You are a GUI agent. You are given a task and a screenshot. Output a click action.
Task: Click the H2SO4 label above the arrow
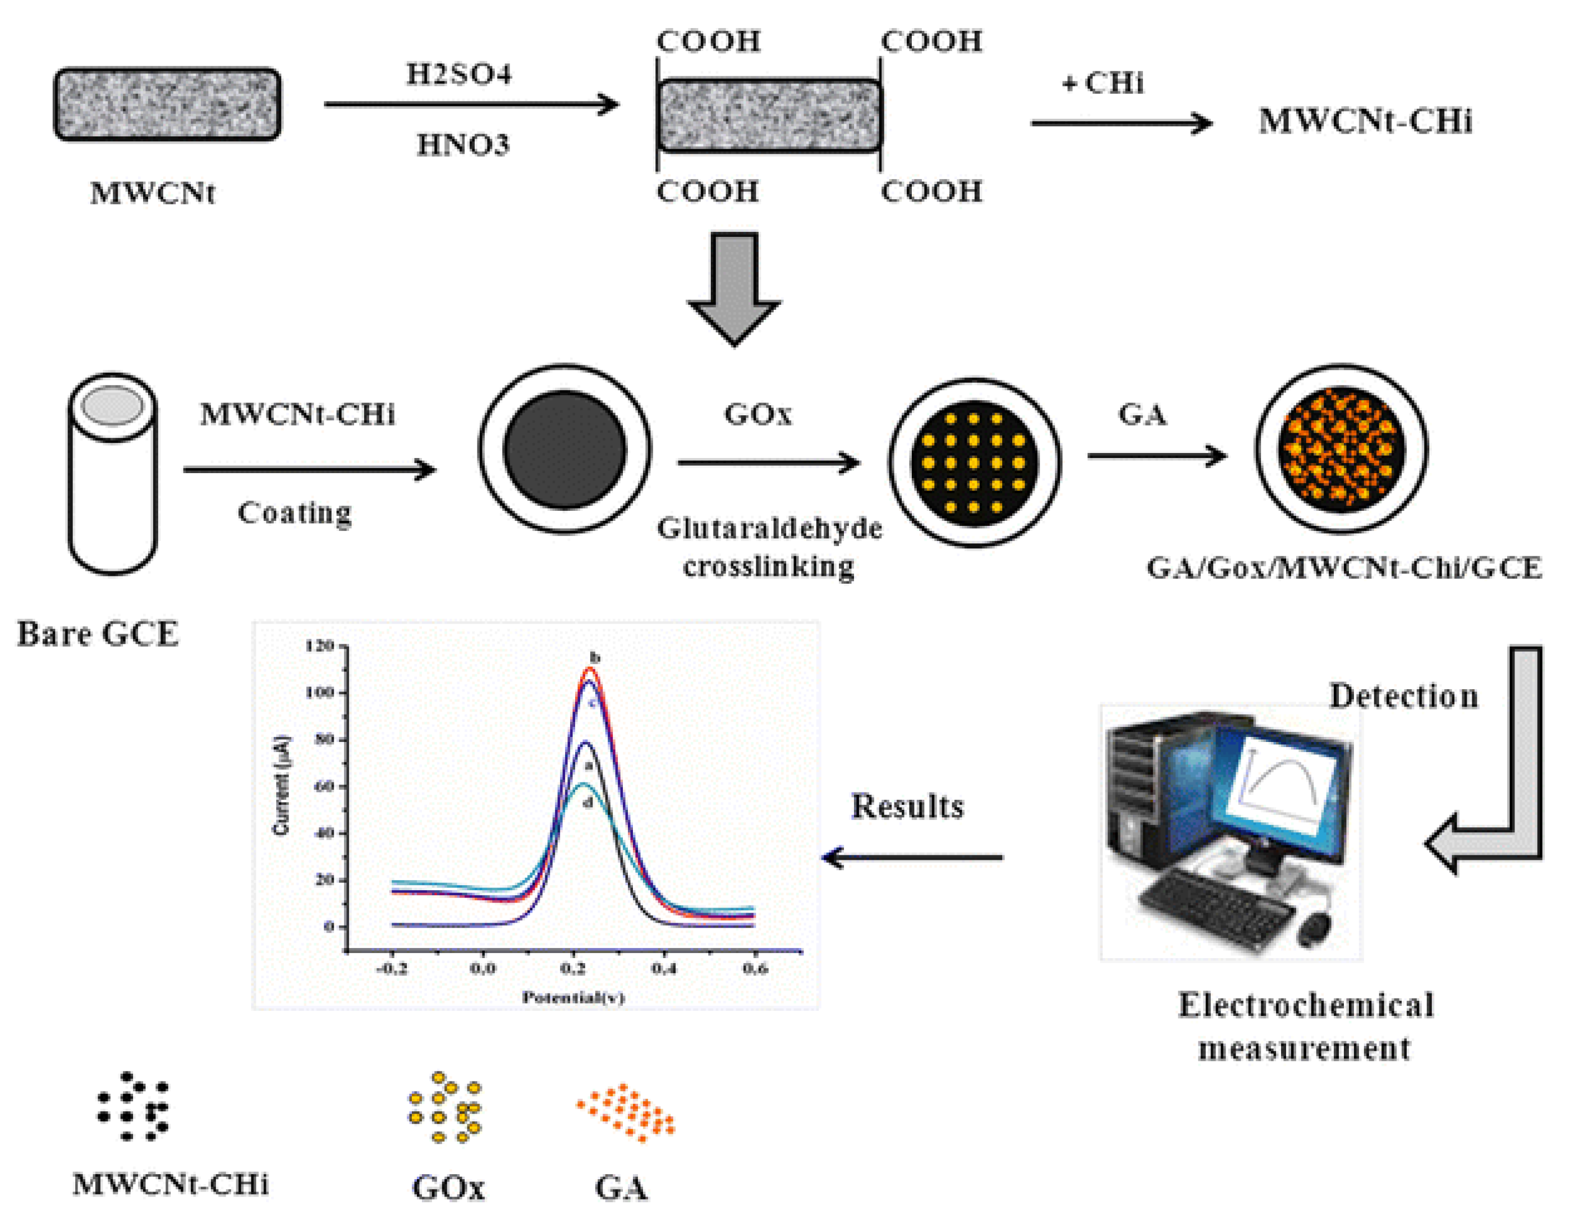click(458, 74)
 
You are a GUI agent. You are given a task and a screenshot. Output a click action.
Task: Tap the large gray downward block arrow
click(734, 287)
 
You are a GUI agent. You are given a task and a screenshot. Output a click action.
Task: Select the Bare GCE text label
click(98, 634)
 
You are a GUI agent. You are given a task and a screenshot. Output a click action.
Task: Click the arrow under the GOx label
click(768, 462)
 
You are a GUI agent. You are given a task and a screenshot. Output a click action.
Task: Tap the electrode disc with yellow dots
click(974, 462)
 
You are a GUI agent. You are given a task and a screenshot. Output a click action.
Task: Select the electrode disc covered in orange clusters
click(1342, 448)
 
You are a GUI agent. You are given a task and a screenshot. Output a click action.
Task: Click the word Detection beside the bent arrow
click(1403, 695)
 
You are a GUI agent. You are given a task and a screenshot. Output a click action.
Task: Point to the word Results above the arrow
click(907, 806)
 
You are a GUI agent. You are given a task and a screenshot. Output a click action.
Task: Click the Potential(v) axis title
click(573, 996)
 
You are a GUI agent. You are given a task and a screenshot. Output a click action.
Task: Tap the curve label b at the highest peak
click(594, 657)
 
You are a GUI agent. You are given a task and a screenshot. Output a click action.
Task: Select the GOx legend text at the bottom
click(448, 1188)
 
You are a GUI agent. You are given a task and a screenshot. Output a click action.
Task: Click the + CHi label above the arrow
click(1102, 84)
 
